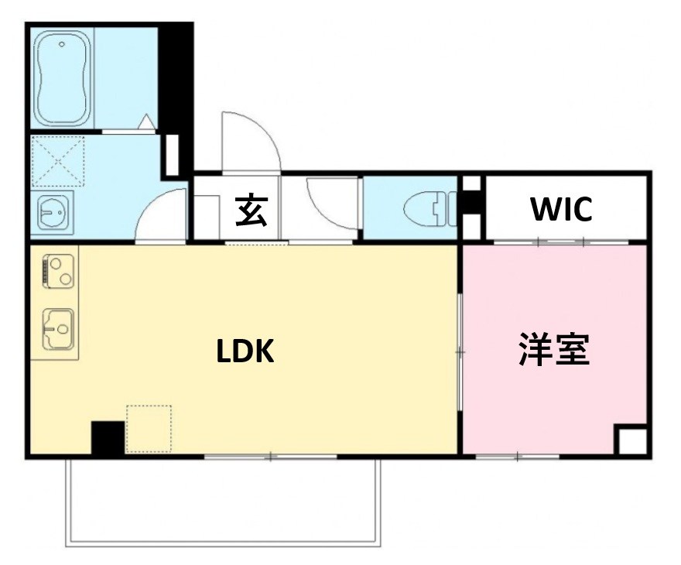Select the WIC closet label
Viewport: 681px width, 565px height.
pos(562,209)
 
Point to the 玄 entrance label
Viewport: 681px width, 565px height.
pos(252,211)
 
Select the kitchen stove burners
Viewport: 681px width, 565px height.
pos(58,271)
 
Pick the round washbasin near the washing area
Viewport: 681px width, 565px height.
pos(53,211)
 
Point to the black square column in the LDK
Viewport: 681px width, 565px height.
pos(108,437)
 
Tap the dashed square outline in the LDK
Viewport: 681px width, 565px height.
pos(149,428)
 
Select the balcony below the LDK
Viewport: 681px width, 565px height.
pos(223,502)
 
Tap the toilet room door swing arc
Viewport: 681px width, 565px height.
pos(330,203)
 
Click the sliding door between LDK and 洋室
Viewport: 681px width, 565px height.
pos(460,351)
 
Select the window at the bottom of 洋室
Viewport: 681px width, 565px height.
pos(516,457)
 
